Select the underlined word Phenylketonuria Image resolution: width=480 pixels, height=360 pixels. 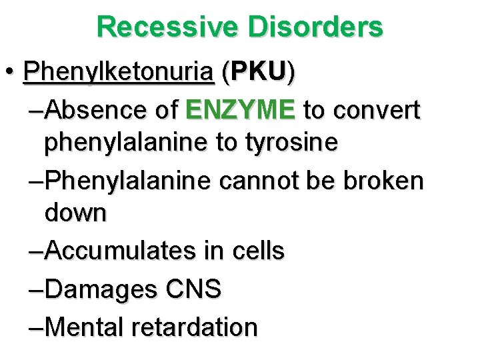pos(118,72)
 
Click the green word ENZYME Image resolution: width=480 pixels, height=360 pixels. pos(241,110)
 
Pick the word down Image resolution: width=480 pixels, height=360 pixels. pos(75,213)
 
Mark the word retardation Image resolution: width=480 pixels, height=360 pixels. pos(196,327)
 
